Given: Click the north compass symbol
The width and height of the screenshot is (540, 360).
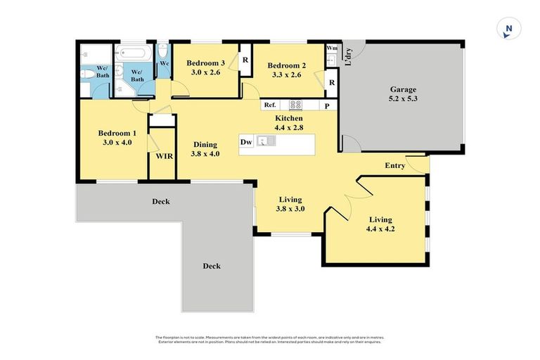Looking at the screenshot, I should point(508,29).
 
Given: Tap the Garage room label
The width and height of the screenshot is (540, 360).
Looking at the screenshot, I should point(404,94).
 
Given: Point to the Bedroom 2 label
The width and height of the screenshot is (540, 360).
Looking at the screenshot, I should point(286,70).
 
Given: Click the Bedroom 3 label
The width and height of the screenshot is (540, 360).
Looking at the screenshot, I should point(205,67).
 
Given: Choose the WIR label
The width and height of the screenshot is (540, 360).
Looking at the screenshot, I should point(164,155).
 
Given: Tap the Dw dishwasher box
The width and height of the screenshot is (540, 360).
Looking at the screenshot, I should point(246,142).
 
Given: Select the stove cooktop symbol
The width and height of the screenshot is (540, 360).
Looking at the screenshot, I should point(296,105).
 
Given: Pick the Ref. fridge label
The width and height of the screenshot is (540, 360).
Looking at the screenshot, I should point(270,105).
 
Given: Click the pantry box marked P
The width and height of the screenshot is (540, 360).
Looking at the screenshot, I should point(327,105).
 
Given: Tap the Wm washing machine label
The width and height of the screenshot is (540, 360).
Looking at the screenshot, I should point(332,49).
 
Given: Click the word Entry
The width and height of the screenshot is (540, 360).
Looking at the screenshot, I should point(394,165).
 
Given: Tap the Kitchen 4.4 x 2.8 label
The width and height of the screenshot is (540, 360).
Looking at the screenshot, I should point(288,123).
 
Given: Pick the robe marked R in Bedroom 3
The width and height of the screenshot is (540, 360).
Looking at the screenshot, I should point(245,60).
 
